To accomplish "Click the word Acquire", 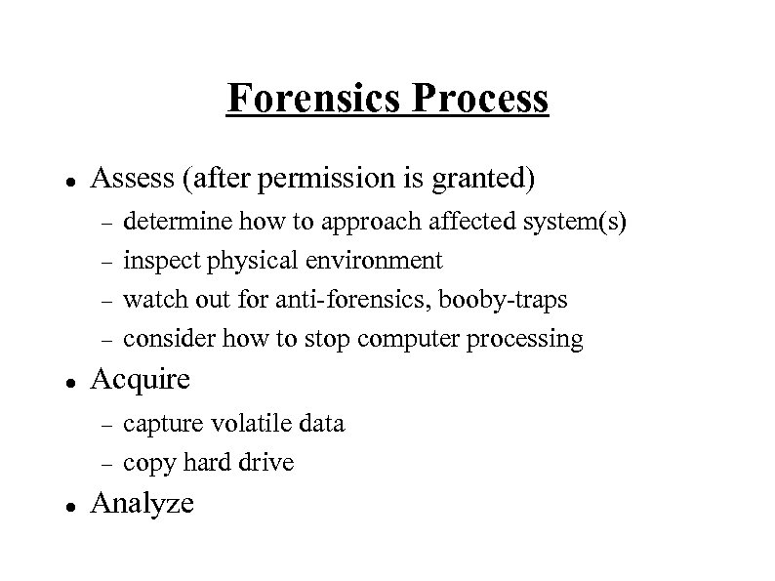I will [141, 380].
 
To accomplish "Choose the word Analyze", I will [142, 504].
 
